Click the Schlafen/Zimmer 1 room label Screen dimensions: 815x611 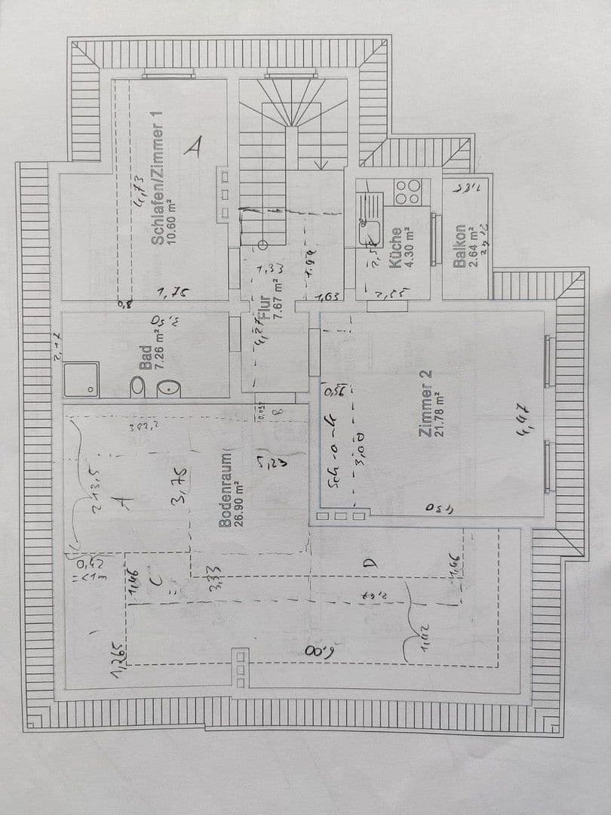(158, 178)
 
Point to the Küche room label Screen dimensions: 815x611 (395, 248)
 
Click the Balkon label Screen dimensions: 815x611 (459, 246)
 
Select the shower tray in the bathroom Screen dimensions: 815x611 (81, 379)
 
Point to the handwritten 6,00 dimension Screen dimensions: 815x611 (318, 650)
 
